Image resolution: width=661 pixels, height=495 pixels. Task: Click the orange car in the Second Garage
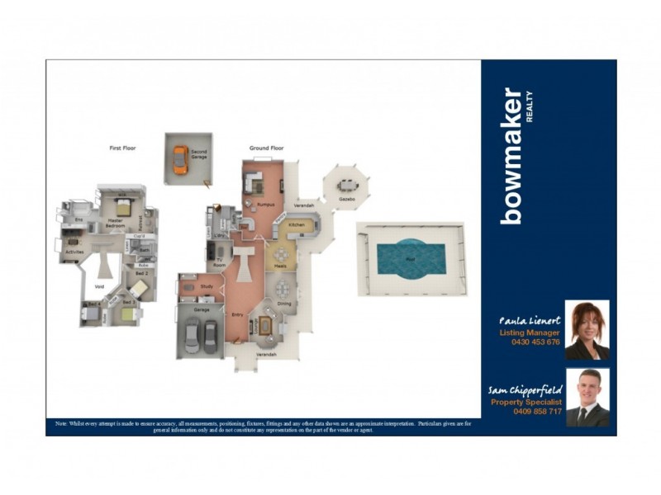(x=180, y=158)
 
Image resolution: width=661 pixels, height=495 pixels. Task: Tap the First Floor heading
(x=122, y=148)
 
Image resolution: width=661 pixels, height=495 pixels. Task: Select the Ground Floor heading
(x=267, y=148)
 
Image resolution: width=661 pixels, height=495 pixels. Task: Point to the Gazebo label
(x=347, y=200)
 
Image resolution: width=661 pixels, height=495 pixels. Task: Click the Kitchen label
(x=297, y=224)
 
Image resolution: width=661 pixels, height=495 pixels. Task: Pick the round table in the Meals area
(x=283, y=255)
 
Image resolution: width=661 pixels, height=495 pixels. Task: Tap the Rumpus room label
(x=264, y=203)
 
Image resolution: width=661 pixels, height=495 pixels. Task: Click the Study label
(x=207, y=287)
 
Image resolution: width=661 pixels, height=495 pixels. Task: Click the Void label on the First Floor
(x=99, y=288)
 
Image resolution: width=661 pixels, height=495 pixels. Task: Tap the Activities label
(x=75, y=251)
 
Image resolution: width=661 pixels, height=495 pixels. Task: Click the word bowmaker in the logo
(x=511, y=156)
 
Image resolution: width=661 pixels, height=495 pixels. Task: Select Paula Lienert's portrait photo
(x=587, y=330)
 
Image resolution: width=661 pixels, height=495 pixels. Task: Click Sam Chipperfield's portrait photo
(x=587, y=398)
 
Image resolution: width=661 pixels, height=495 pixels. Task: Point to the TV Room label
(x=221, y=263)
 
